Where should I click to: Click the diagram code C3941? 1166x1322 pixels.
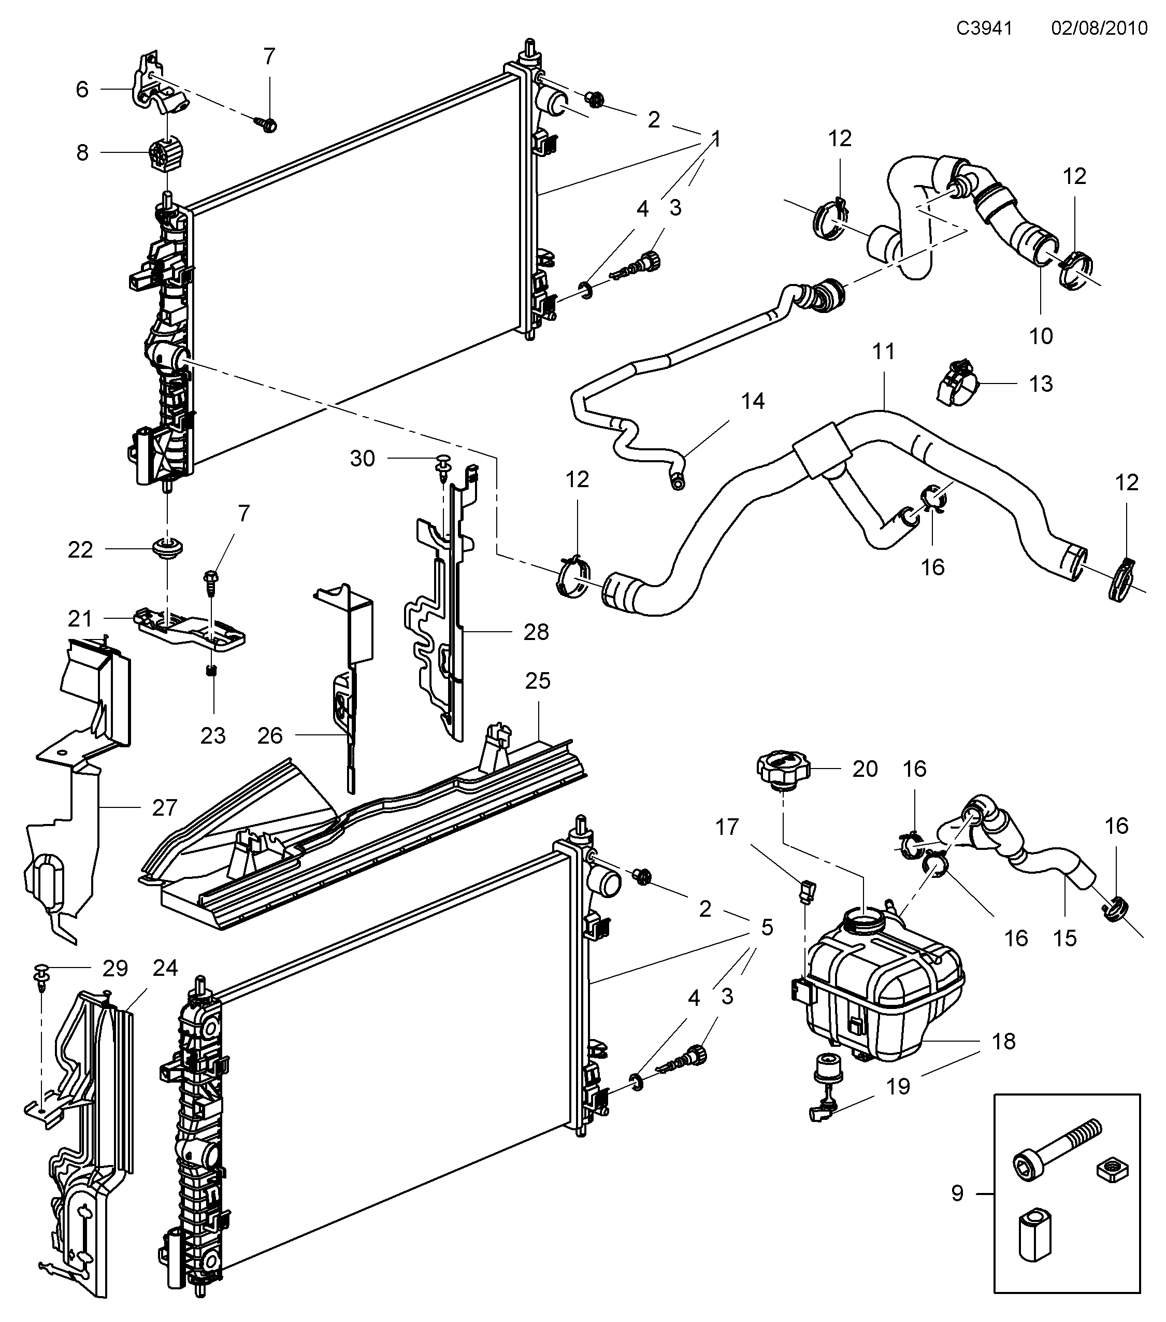984,29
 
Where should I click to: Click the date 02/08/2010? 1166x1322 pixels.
1099,29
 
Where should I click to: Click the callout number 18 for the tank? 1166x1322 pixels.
1003,1041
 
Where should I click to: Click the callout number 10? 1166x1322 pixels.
1041,336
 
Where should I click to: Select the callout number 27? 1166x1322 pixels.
165,807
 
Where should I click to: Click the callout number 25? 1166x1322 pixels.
537,680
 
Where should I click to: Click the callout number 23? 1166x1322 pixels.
213,735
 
